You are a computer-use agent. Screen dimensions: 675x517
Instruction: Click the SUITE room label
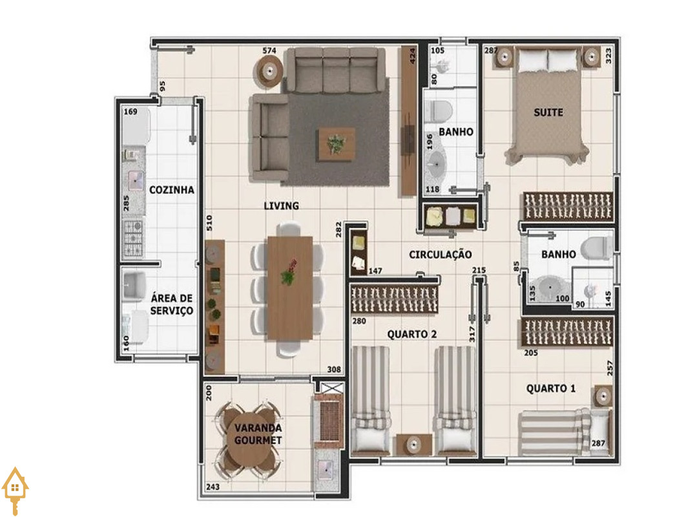[548, 112]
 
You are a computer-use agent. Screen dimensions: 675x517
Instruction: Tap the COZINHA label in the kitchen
[171, 190]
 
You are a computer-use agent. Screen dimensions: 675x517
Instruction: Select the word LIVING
[281, 206]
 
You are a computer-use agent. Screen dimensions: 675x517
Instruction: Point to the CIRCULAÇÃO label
[440, 255]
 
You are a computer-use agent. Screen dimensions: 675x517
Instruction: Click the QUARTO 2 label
[412, 334]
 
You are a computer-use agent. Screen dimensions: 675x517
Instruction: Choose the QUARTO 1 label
[550, 388]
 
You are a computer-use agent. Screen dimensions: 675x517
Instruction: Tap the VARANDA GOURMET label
[258, 434]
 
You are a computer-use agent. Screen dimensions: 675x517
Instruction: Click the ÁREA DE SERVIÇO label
[172, 304]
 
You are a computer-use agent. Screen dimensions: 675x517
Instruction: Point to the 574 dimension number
[269, 50]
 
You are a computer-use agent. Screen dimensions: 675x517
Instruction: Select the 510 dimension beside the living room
[209, 223]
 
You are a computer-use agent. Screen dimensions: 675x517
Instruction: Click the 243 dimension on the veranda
[213, 487]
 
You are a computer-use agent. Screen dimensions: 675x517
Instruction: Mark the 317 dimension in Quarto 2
[472, 334]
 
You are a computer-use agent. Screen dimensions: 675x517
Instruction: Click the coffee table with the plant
[337, 144]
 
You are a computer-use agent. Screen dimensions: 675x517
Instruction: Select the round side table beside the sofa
[270, 70]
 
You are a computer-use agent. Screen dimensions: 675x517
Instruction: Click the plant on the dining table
[289, 272]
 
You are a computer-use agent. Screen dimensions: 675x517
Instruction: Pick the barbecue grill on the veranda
[328, 419]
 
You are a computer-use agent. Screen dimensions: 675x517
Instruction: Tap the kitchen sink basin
[135, 181]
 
